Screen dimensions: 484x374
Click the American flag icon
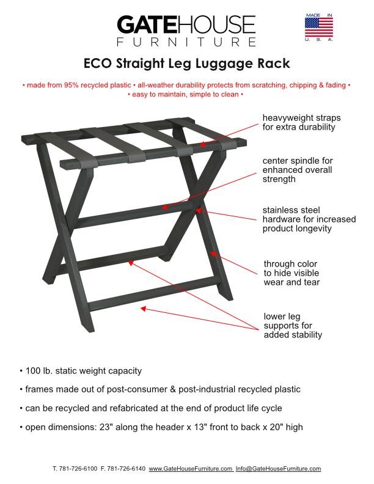(x=319, y=27)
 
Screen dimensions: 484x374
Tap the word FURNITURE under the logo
(x=186, y=42)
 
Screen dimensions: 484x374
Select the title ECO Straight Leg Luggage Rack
(x=186, y=64)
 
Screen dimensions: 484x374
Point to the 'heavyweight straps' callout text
(x=301, y=122)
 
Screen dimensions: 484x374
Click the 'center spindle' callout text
(x=297, y=170)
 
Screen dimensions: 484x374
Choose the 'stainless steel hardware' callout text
(x=309, y=219)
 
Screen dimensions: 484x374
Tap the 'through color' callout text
(x=291, y=273)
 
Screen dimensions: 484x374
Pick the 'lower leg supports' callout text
(x=292, y=326)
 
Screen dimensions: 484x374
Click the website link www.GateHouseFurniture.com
(x=190, y=469)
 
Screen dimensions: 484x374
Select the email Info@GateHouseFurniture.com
(x=278, y=469)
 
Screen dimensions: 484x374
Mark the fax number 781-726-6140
(x=127, y=469)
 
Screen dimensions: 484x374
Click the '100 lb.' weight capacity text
(x=37, y=371)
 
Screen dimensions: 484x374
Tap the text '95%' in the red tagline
(x=68, y=85)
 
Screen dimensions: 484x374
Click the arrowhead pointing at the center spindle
(x=164, y=207)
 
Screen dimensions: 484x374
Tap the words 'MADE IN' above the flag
(x=319, y=13)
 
